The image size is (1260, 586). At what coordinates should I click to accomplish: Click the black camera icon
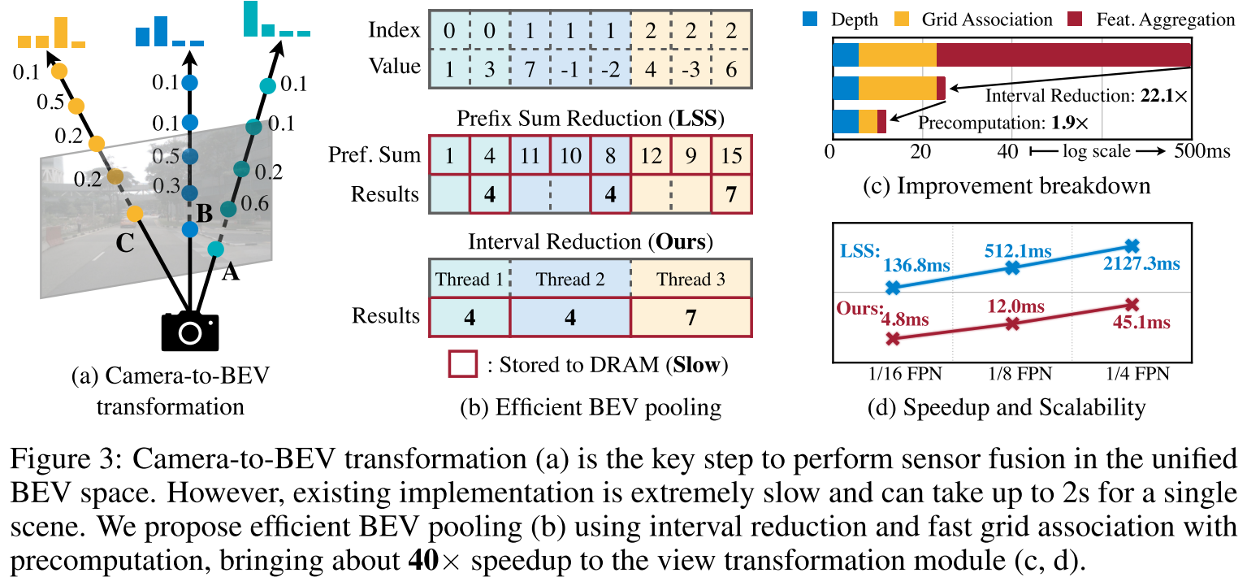190,331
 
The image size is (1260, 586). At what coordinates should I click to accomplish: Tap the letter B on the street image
206,214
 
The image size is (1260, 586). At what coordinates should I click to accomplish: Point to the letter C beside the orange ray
124,243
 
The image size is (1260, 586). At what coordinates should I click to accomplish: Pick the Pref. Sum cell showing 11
530,154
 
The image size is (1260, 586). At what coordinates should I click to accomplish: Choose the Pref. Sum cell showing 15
731,154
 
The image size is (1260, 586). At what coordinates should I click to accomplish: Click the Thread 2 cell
570,280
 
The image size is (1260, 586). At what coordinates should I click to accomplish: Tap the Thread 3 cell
691,280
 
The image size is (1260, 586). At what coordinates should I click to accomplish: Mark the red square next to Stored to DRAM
464,365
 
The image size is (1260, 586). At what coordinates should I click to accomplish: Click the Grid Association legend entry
987,19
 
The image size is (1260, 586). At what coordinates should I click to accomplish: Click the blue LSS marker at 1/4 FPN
1134,245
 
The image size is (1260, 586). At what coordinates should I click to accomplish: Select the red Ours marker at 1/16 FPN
893,339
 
